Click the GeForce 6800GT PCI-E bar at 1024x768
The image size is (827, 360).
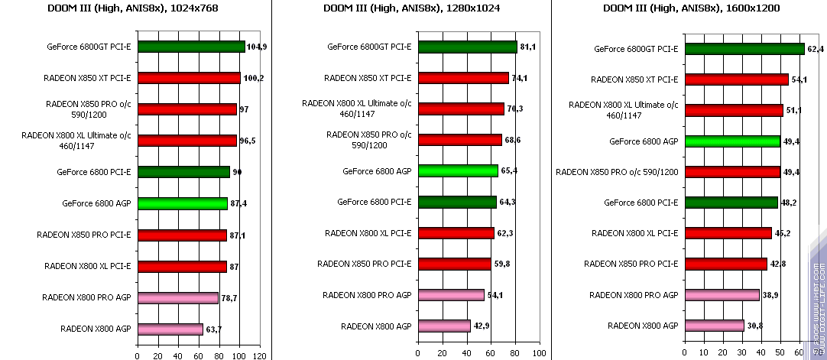click(x=191, y=47)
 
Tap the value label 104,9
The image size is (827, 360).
click(x=257, y=47)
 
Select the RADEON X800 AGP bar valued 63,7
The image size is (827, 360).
click(x=170, y=329)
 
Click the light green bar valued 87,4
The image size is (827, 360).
click(x=182, y=203)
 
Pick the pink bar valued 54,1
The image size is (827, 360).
click(x=451, y=295)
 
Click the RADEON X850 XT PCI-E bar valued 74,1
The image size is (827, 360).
click(x=463, y=78)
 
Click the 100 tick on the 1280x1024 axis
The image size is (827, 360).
click(x=539, y=354)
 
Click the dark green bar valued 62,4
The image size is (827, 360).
click(x=744, y=49)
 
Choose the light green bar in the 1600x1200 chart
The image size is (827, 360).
click(x=732, y=141)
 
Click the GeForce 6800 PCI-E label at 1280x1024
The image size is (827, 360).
click(x=375, y=202)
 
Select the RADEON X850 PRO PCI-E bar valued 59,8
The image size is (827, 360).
click(x=454, y=264)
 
